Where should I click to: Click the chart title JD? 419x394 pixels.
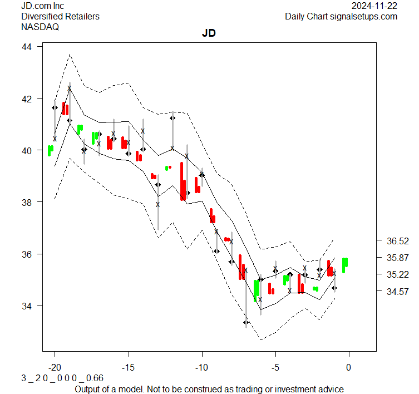pyautogui.click(x=209, y=33)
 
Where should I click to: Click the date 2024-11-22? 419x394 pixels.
pyautogui.click(x=374, y=6)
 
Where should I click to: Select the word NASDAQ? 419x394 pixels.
pyautogui.click(x=40, y=26)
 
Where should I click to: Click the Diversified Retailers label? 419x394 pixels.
pyautogui.click(x=60, y=16)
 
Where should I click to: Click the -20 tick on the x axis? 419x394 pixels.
pyautogui.click(x=55, y=367)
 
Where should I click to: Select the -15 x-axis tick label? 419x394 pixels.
pyautogui.click(x=128, y=367)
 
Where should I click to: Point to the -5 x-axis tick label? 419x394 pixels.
pyautogui.click(x=275, y=367)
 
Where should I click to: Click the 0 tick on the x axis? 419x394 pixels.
pyautogui.click(x=349, y=367)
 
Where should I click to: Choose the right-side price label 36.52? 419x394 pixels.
pyautogui.click(x=397, y=241)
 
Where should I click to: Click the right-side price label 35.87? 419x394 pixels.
pyautogui.click(x=397, y=258)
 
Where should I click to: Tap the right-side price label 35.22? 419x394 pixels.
pyautogui.click(x=397, y=274)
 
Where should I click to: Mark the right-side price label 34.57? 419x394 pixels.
pyautogui.click(x=397, y=291)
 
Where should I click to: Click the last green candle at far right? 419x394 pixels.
pyautogui.click(x=345, y=264)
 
